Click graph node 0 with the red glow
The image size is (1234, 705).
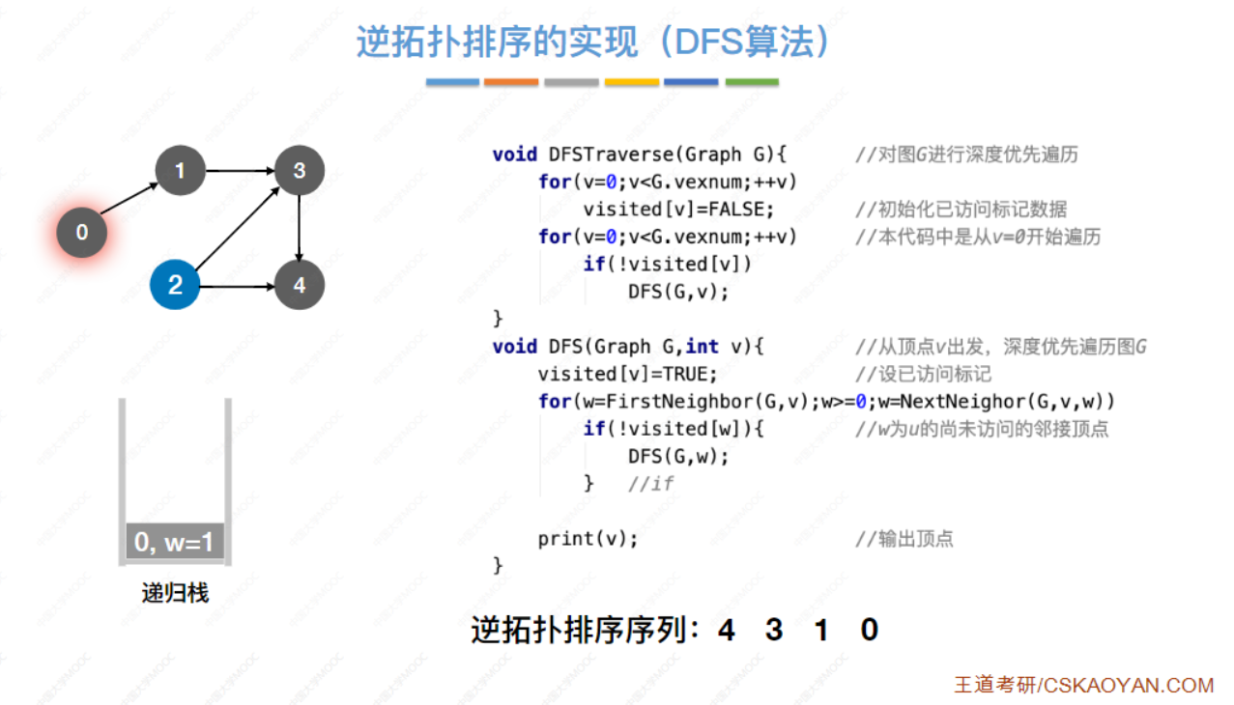click(x=81, y=232)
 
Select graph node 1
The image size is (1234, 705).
click(x=179, y=171)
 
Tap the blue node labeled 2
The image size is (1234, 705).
click(x=175, y=285)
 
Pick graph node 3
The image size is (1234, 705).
click(x=300, y=171)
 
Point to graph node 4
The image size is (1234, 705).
click(x=300, y=286)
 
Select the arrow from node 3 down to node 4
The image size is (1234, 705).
click(x=300, y=228)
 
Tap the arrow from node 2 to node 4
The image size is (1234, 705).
click(x=237, y=286)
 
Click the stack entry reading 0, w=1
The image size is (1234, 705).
click(x=175, y=542)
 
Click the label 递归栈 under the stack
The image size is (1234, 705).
click(x=175, y=592)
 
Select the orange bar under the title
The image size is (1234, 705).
click(x=511, y=82)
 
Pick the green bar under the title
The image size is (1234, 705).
click(x=752, y=82)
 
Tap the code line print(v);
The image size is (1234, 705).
click(x=588, y=539)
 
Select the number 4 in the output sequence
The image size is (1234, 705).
click(x=727, y=631)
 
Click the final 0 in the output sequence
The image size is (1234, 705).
click(x=869, y=631)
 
